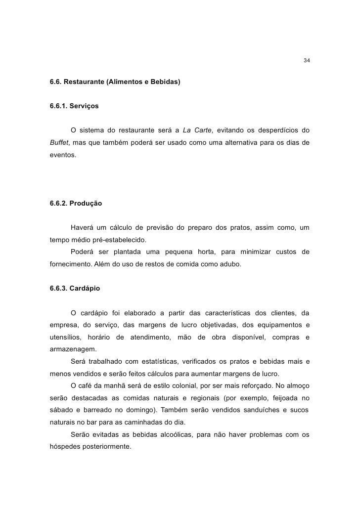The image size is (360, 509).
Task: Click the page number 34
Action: click(306, 61)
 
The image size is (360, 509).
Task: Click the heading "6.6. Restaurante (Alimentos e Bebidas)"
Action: click(115, 81)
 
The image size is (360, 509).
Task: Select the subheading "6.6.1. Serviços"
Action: click(74, 106)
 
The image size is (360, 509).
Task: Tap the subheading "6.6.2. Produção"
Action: click(76, 203)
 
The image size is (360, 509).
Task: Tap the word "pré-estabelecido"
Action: click(120, 240)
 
